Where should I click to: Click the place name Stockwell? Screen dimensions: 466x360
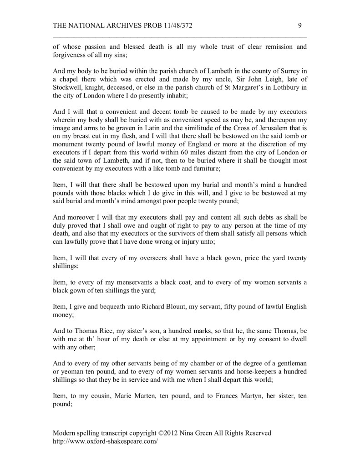point(67,92)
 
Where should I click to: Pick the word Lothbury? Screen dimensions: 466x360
point(284,92)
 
